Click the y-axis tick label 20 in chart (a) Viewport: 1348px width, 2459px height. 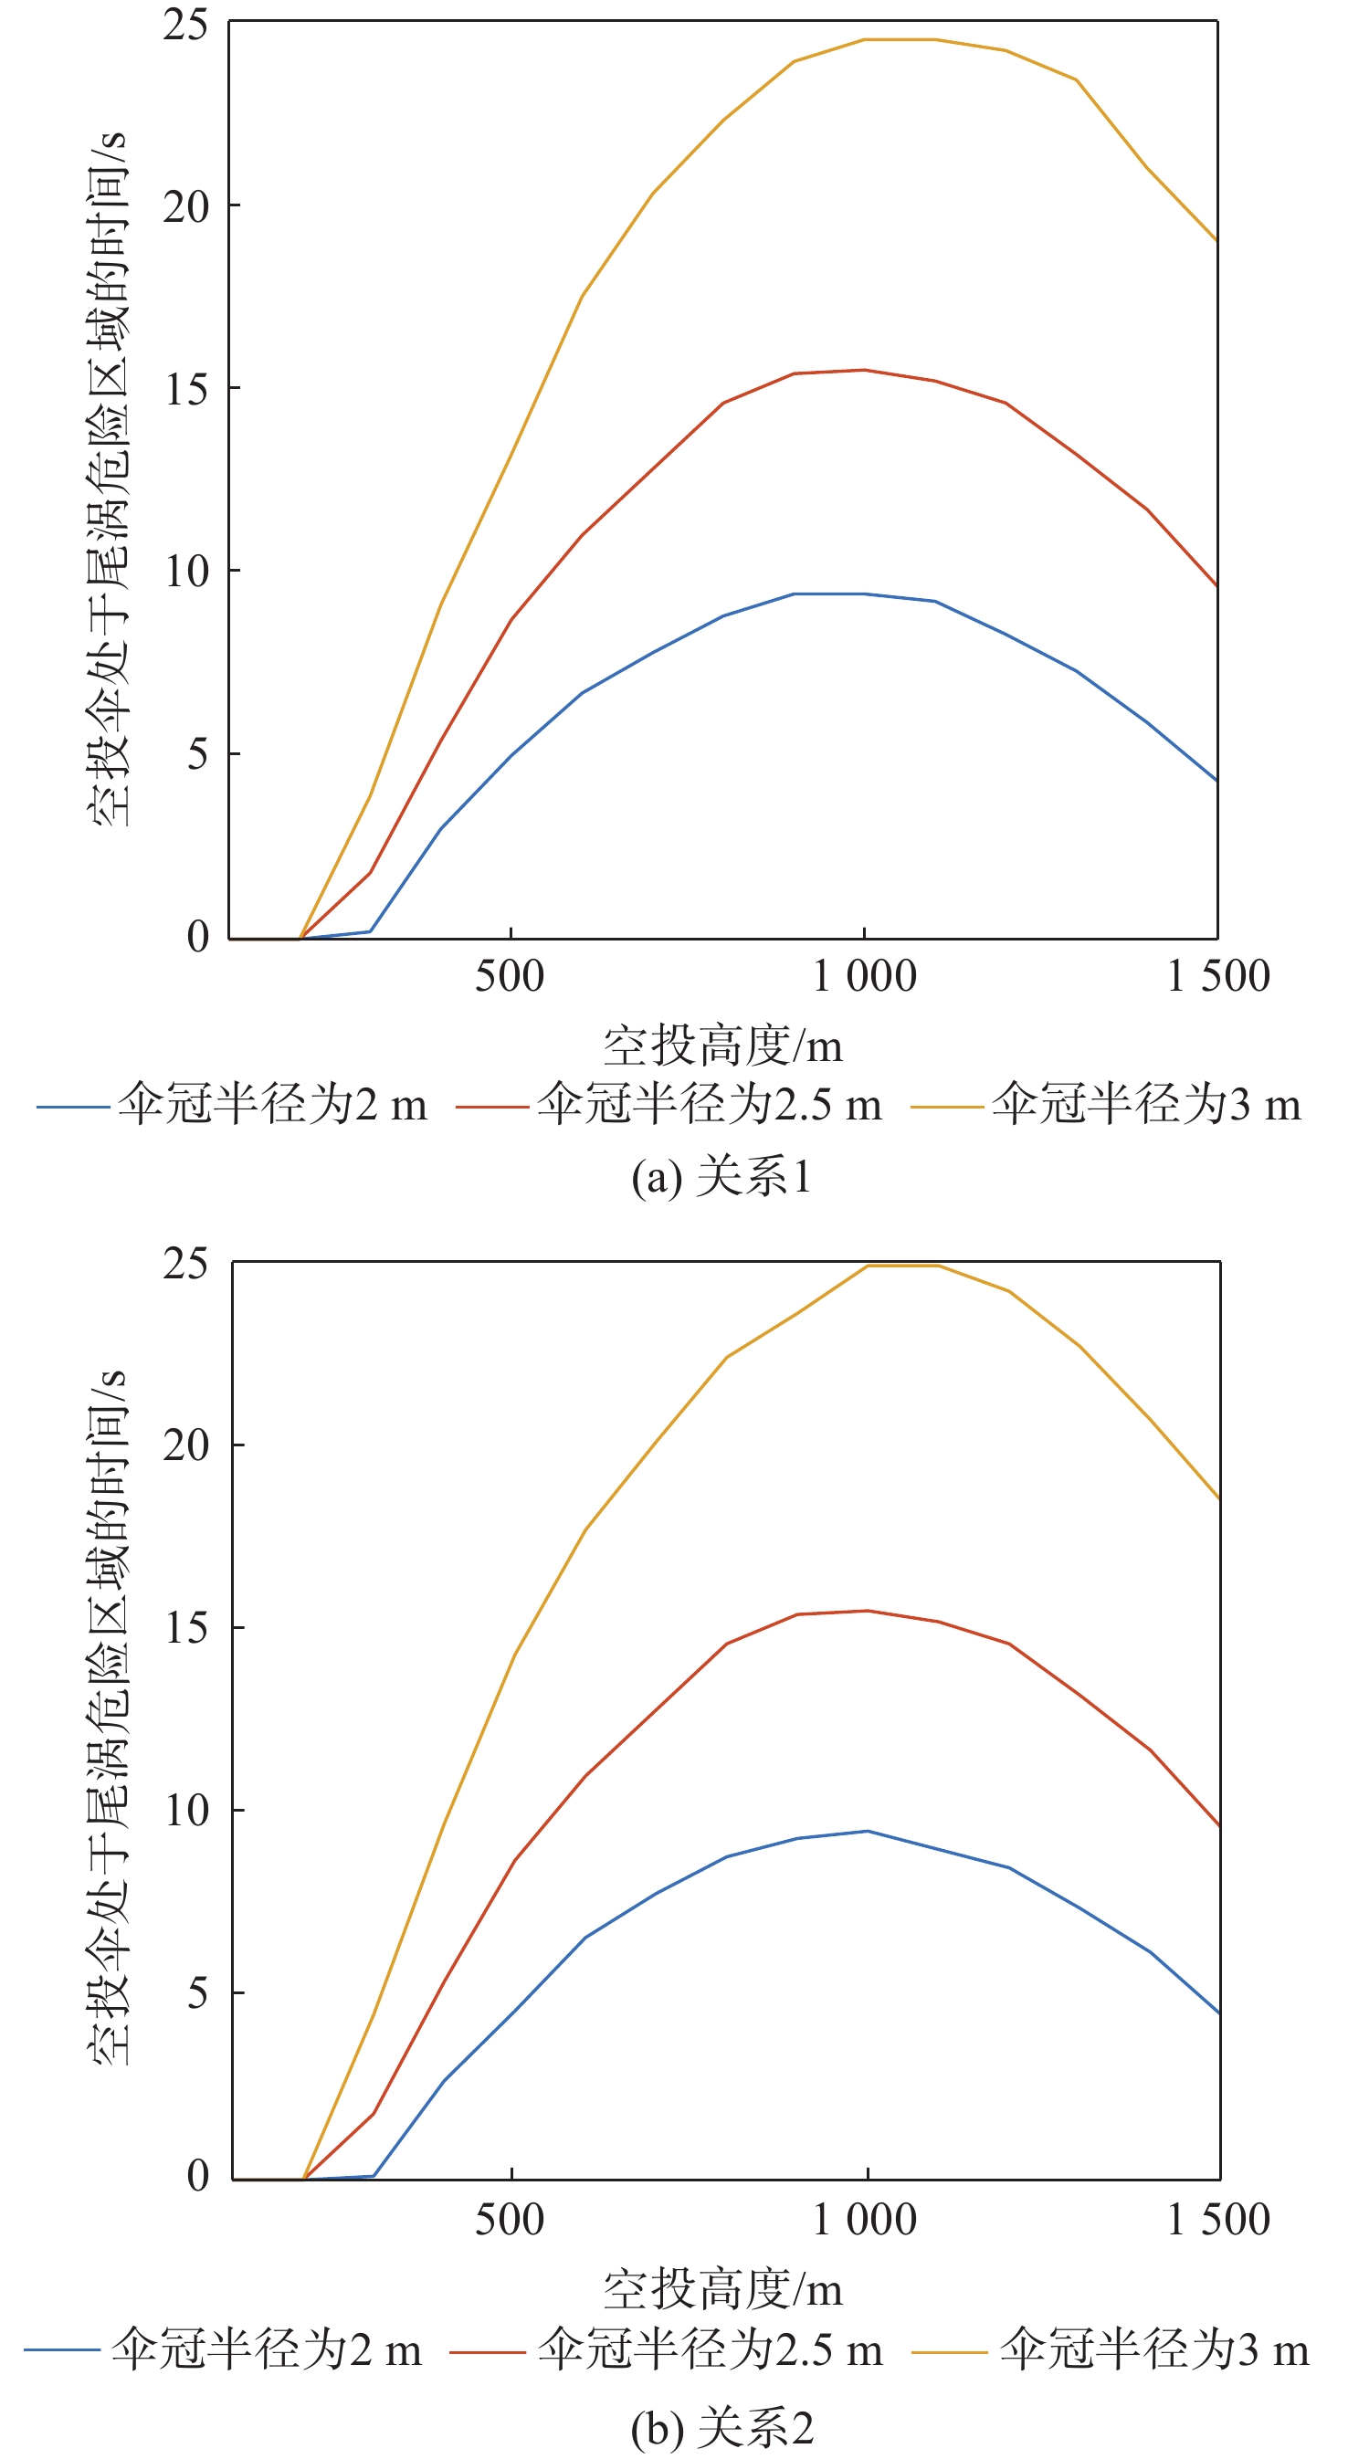(185, 207)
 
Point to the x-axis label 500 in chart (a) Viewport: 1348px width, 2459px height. (510, 975)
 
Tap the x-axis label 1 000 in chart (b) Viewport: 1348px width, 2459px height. (864, 2220)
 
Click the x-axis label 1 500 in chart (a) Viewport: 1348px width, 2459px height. (1218, 975)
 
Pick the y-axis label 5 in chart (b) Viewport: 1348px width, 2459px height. (196, 1993)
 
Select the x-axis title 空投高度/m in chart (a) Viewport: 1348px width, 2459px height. (722, 1046)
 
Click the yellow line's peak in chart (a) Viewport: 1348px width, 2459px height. (900, 40)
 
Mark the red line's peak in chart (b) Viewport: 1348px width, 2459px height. (867, 1611)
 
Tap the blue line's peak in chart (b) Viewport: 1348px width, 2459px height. (867, 1831)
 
